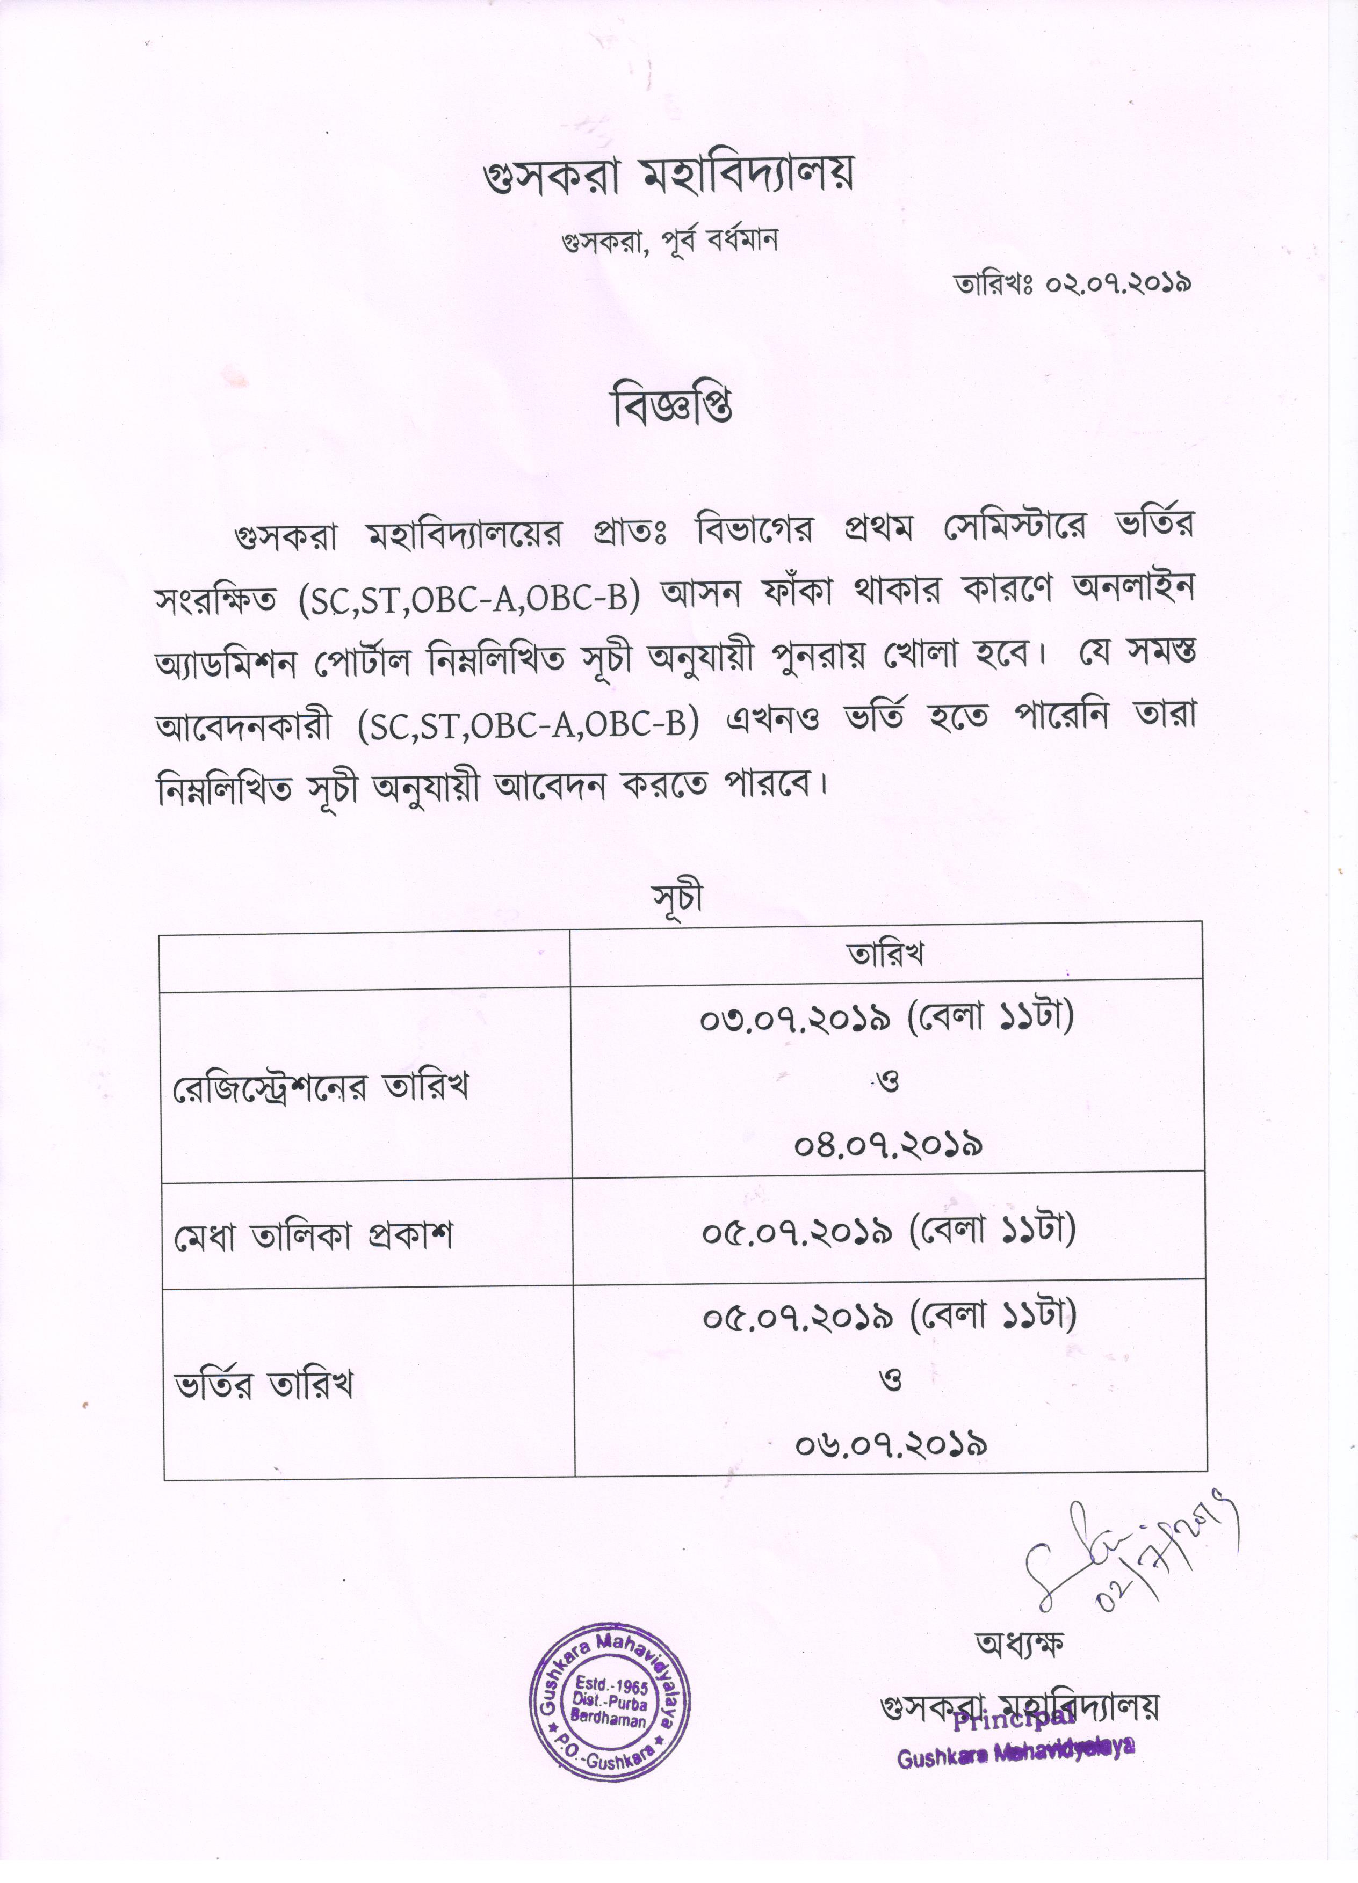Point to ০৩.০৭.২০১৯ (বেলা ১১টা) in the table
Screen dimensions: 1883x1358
click(x=887, y=1018)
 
